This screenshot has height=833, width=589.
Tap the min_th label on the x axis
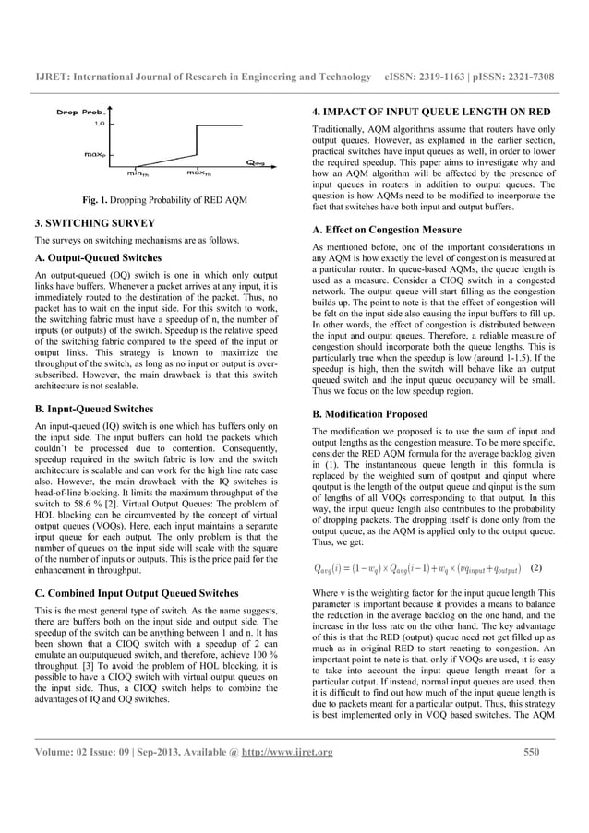click(x=139, y=172)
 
